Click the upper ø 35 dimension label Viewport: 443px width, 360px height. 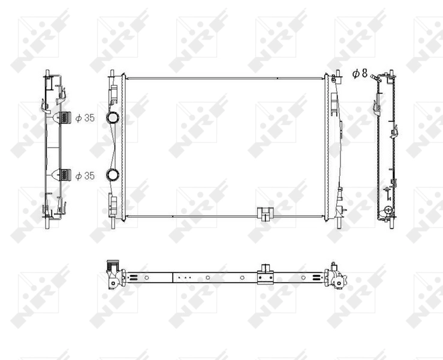point(85,118)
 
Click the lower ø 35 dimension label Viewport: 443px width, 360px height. point(85,175)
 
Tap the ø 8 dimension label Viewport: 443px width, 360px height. point(360,73)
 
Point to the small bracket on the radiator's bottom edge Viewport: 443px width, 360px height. point(263,213)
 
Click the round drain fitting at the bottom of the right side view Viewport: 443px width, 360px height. point(387,211)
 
